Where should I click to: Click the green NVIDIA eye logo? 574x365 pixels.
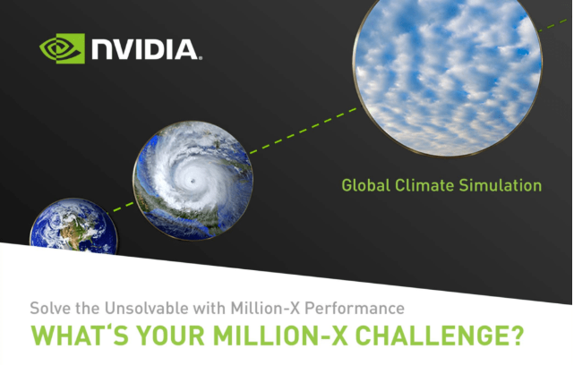62,48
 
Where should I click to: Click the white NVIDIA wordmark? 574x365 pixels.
147,49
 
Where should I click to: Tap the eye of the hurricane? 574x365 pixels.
193,181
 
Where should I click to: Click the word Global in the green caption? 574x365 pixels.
366,185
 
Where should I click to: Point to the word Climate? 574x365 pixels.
425,185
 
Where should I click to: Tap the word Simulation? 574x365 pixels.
501,185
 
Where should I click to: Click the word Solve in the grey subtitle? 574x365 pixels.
50,308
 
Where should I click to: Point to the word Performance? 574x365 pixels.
355,308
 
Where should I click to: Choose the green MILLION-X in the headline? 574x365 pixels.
280,335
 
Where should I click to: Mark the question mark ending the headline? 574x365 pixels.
517,335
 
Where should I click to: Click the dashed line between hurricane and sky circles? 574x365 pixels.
304,131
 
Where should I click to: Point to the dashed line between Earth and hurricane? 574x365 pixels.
122,208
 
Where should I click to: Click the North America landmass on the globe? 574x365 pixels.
75,233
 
